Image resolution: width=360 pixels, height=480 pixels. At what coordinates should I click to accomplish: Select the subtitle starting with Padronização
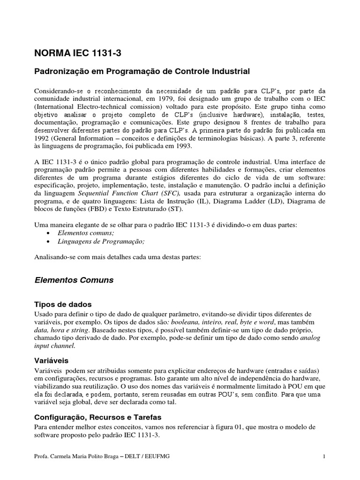click(x=143, y=72)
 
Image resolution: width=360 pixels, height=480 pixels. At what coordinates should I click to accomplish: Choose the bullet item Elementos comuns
click(x=86, y=232)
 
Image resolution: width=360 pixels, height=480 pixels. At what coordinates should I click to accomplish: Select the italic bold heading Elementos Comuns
click(x=74, y=280)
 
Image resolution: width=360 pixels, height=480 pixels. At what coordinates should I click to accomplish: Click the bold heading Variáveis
click(x=52, y=361)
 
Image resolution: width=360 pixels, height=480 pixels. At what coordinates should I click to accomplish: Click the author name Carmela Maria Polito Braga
click(x=89, y=457)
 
